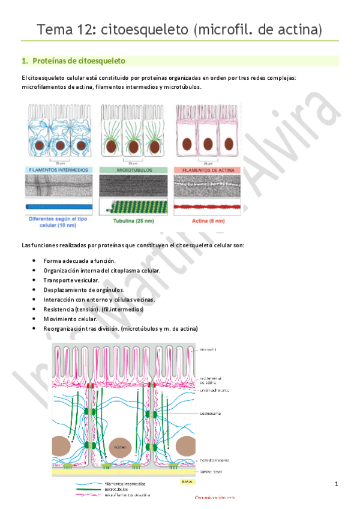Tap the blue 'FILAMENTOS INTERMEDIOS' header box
[x=58, y=170]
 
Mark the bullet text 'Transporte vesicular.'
[x=76, y=280]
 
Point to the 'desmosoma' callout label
[x=209, y=414]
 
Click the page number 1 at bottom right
[x=337, y=484]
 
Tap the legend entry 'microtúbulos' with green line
[x=116, y=489]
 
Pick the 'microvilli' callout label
[x=207, y=349]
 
